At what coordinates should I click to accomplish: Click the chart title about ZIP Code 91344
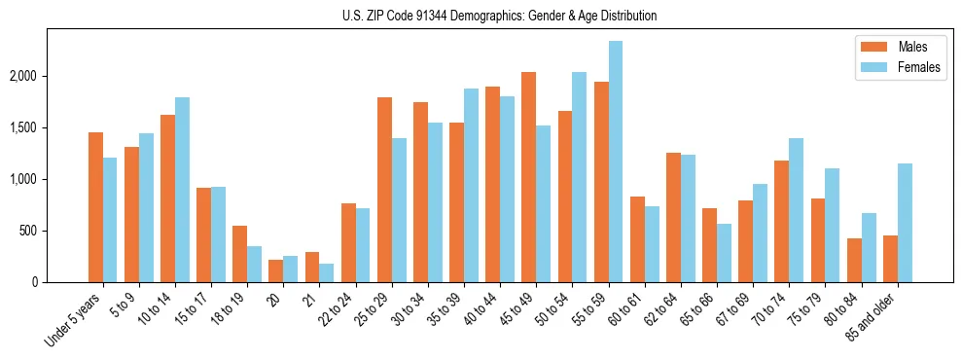click(x=499, y=16)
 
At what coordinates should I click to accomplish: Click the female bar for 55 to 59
click(x=616, y=162)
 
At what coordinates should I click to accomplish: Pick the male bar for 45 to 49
click(x=528, y=177)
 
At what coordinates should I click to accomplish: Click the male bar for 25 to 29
click(x=384, y=190)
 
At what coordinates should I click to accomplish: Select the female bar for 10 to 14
click(x=183, y=190)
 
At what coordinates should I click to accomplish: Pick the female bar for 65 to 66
click(x=725, y=253)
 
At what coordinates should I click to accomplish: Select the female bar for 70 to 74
click(x=797, y=210)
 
